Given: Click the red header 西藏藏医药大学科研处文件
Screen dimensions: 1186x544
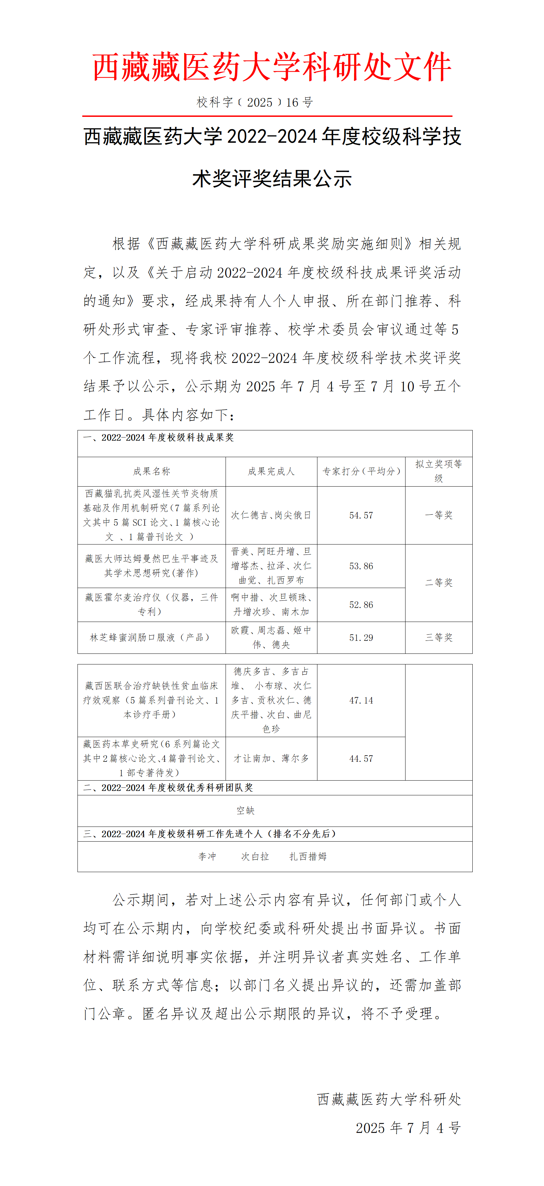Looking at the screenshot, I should (272, 67).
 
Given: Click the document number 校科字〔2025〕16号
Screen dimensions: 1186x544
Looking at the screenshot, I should (255, 102).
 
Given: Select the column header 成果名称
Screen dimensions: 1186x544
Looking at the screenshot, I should (152, 471).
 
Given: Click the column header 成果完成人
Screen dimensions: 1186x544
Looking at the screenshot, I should (271, 471).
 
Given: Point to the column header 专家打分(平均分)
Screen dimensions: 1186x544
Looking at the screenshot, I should (361, 471).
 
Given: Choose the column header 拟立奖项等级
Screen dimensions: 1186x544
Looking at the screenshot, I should (438, 471).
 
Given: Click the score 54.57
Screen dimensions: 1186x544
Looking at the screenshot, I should (361, 515).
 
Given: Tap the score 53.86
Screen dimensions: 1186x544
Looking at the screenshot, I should (361, 566).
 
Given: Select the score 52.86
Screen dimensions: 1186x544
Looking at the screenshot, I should (361, 604).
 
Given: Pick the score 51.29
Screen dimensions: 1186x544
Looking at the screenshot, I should (361, 638).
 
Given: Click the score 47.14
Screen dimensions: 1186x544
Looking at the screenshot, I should (361, 700).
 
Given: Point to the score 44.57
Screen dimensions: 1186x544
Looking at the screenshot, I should (361, 758).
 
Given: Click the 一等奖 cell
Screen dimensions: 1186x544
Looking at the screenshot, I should (438, 515).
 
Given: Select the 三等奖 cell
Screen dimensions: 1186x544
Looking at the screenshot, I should (438, 638).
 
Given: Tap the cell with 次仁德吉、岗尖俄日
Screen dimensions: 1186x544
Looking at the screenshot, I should (271, 515).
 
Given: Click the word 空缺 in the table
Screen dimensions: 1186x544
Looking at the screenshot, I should (245, 810).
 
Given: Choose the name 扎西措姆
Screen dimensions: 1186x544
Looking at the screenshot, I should (308, 856).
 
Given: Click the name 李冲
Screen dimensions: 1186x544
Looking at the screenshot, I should (207, 856).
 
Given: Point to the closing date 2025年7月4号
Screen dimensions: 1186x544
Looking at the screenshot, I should (408, 1127).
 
